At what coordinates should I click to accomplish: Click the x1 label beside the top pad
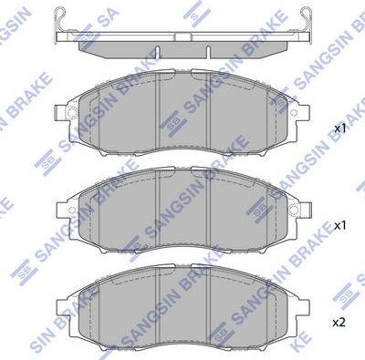pos(339,129)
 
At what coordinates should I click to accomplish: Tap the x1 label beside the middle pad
pos(339,223)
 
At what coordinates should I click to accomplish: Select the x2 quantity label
pos(339,323)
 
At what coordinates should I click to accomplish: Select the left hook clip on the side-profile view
pos(61,15)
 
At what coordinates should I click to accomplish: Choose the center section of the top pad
pos(184,114)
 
